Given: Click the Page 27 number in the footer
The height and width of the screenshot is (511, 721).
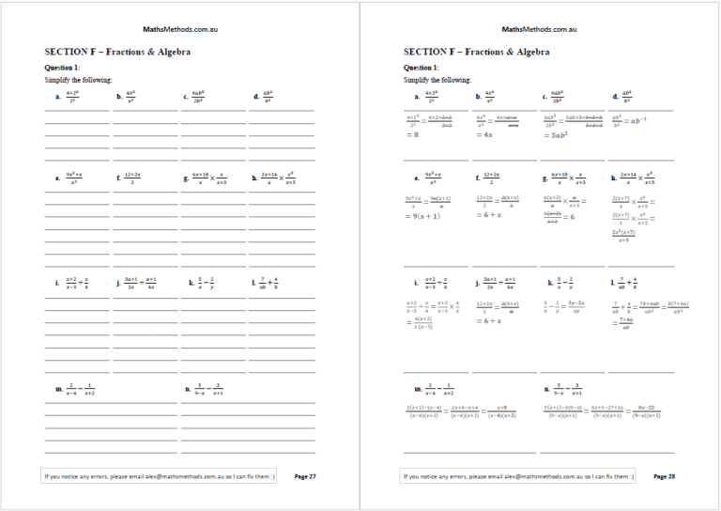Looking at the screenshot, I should click(305, 476).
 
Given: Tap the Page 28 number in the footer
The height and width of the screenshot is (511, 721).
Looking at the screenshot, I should click(664, 476).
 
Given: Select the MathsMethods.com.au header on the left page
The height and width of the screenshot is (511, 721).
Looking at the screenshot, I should click(180, 30).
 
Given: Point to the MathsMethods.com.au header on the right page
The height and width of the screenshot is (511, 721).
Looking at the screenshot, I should click(539, 30).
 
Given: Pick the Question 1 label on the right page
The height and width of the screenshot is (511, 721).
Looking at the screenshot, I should click(422, 68).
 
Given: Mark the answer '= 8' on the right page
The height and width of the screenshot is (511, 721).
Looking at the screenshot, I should click(413, 135).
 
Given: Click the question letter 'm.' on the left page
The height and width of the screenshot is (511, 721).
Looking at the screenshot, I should click(59, 388).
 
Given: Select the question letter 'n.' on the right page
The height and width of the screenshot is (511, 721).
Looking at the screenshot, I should click(546, 388).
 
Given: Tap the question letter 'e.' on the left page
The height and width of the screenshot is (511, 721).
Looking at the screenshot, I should click(58, 177).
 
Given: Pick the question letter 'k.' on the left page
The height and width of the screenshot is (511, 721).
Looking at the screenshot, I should click(192, 282).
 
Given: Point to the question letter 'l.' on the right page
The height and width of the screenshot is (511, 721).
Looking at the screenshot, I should click(612, 282).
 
